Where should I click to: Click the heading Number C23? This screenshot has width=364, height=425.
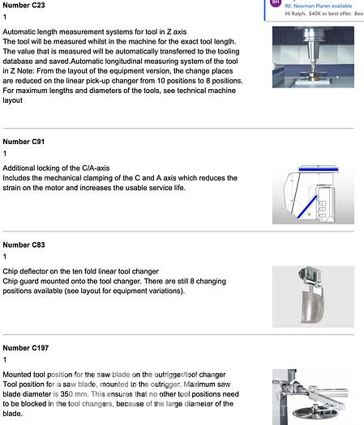(x=24, y=5)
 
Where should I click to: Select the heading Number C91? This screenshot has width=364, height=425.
(x=24, y=142)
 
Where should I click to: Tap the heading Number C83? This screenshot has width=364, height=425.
(x=24, y=244)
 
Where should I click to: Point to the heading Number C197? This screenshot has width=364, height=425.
(x=26, y=348)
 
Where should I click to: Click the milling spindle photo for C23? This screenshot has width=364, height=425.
(x=313, y=57)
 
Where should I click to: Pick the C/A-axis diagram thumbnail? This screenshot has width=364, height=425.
(x=313, y=194)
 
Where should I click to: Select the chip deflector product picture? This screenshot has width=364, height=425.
(x=313, y=296)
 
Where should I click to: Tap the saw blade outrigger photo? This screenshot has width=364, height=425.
(x=313, y=397)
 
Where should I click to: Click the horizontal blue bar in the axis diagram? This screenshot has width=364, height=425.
(x=319, y=170)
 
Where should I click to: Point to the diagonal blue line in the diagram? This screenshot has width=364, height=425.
(x=307, y=206)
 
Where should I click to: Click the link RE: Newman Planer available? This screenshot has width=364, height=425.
(x=319, y=6)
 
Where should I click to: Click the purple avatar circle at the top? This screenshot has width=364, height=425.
(x=276, y=2)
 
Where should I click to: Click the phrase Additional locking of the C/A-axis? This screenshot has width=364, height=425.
(x=56, y=168)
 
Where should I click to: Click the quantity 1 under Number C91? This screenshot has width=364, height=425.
(x=5, y=154)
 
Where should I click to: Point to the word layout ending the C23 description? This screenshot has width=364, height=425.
(x=12, y=100)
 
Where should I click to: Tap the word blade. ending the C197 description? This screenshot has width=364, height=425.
(x=13, y=414)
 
